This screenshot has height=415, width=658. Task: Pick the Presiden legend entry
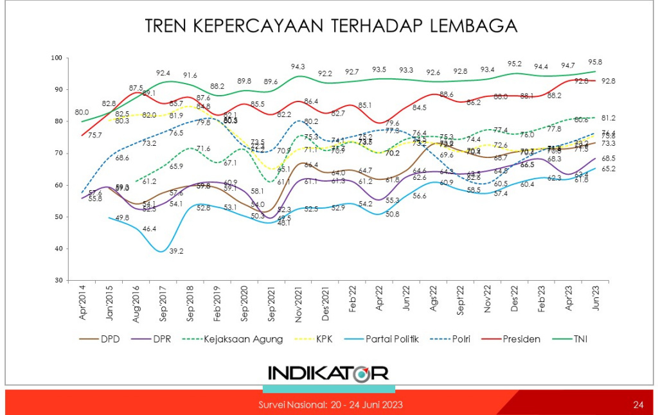[522, 339]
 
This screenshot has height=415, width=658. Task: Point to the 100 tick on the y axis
[55, 58]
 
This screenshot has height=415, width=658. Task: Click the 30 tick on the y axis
[57, 281]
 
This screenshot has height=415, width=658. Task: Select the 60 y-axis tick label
[57, 185]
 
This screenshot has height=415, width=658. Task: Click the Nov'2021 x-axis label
[297, 306]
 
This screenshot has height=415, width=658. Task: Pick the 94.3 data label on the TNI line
[298, 67]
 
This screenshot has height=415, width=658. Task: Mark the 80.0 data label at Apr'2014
[81, 112]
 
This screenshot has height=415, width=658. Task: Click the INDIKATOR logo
[328, 373]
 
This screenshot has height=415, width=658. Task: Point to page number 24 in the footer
[638, 405]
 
